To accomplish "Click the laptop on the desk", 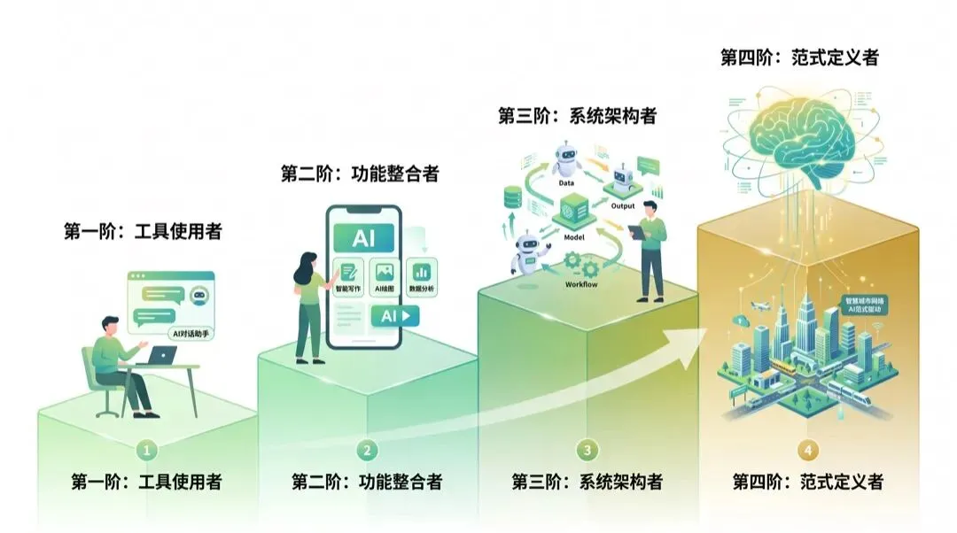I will [163, 355].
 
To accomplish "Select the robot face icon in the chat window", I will [198, 297].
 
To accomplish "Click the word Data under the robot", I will [566, 182].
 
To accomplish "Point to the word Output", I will [624, 206].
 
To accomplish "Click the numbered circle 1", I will [147, 450].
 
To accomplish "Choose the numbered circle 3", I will [587, 450].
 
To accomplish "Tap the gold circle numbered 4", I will [807, 450].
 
